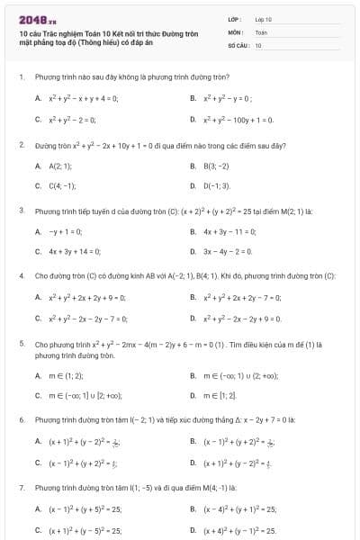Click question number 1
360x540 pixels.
click(x=21, y=77)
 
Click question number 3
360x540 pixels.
click(x=21, y=211)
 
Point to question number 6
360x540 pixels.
click(x=21, y=420)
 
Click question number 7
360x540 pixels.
click(x=21, y=487)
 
